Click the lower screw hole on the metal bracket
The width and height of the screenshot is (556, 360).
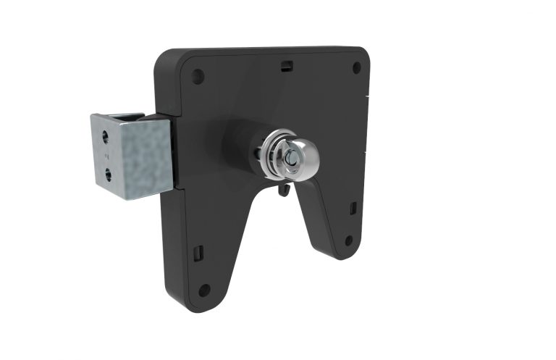point(108,173)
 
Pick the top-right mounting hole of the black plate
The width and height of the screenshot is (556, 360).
point(356,68)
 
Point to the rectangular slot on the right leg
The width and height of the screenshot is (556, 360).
point(353,209)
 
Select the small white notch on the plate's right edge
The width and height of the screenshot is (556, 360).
point(368,96)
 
